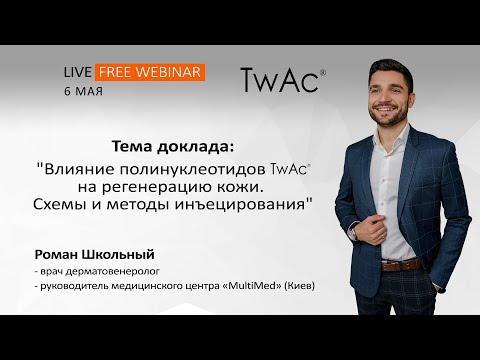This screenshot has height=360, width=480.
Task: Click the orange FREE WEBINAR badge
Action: tap(151, 72)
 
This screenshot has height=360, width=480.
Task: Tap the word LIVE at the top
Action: tap(77, 73)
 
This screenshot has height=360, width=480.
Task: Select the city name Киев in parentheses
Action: tap(299, 286)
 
